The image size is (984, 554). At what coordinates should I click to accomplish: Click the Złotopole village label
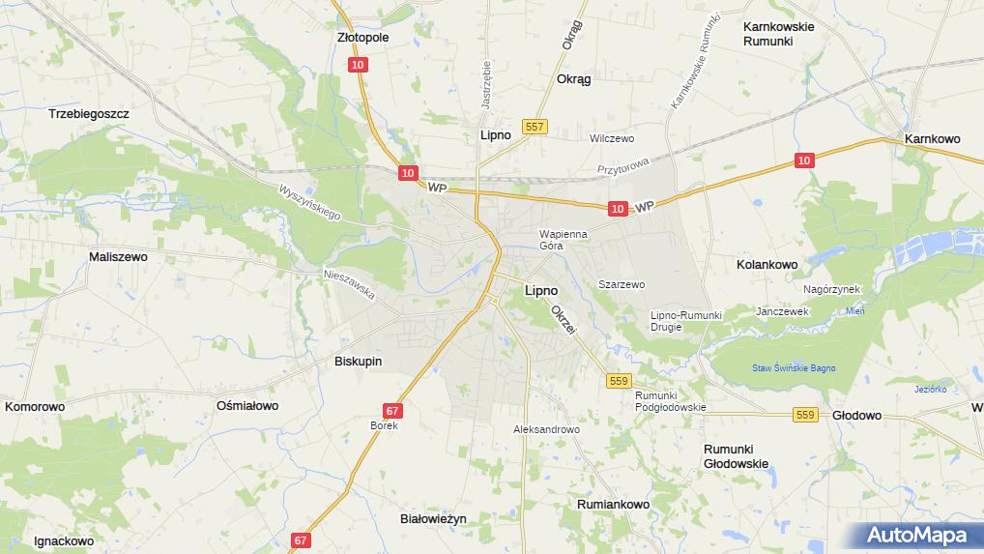[362, 38]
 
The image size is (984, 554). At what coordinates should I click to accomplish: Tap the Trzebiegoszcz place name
[89, 113]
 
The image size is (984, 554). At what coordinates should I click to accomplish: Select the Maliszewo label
[118, 257]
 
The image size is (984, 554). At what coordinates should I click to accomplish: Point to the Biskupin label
[358, 361]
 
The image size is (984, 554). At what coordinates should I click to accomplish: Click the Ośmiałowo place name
[247, 406]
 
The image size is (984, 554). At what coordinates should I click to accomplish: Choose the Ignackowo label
[64, 540]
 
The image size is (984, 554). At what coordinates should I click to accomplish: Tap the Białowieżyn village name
[433, 518]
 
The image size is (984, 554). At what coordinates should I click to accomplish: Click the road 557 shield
[535, 127]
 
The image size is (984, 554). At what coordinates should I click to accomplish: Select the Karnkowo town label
[932, 139]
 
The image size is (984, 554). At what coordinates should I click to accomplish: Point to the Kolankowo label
[767, 264]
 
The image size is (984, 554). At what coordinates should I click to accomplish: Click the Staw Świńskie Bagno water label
[795, 368]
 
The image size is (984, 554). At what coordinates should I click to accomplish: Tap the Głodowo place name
[856, 415]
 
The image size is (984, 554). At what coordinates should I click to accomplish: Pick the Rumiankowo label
[613, 505]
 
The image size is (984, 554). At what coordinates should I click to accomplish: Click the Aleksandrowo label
[546, 429]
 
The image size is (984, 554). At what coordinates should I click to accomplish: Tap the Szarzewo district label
[622, 284]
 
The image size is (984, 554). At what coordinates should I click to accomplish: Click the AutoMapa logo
[917, 535]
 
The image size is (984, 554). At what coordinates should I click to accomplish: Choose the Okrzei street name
[563, 321]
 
